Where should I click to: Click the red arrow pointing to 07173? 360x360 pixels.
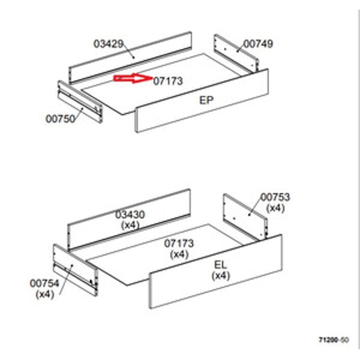[x=133, y=79]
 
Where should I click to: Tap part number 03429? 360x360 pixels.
[x=109, y=44]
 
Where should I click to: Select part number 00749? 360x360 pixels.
[x=258, y=44]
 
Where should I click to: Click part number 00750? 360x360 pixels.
[x=61, y=119]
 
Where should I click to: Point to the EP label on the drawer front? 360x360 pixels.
[x=206, y=100]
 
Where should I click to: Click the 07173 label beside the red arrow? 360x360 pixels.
[x=168, y=81]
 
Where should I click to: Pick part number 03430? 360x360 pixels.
[x=130, y=215]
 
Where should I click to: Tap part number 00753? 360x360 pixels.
[x=275, y=197]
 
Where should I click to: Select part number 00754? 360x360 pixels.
[x=44, y=283]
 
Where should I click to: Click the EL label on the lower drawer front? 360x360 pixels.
[x=220, y=265]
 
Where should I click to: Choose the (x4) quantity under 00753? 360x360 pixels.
[x=275, y=208]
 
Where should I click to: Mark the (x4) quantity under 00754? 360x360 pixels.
[x=45, y=295]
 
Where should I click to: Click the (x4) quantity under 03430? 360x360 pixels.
[x=130, y=225]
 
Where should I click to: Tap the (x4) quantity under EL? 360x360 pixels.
[x=221, y=275]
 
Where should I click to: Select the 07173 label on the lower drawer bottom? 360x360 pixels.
[x=179, y=244]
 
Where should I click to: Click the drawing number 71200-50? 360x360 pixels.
[x=334, y=340]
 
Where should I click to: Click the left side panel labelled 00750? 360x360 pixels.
[x=80, y=102]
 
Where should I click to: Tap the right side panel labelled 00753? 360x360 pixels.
[x=245, y=217]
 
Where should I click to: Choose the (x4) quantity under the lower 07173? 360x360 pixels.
[x=179, y=254]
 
